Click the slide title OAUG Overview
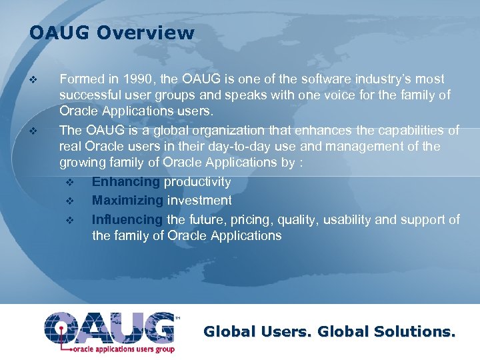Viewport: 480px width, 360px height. [111, 33]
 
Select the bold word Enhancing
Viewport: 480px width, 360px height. [126, 182]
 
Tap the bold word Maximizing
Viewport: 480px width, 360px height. [127, 201]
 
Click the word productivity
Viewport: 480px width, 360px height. [197, 182]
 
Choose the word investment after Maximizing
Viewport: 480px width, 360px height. [199, 201]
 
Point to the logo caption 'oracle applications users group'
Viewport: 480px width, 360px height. [123, 349]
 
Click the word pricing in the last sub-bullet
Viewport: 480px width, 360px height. [253, 219]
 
